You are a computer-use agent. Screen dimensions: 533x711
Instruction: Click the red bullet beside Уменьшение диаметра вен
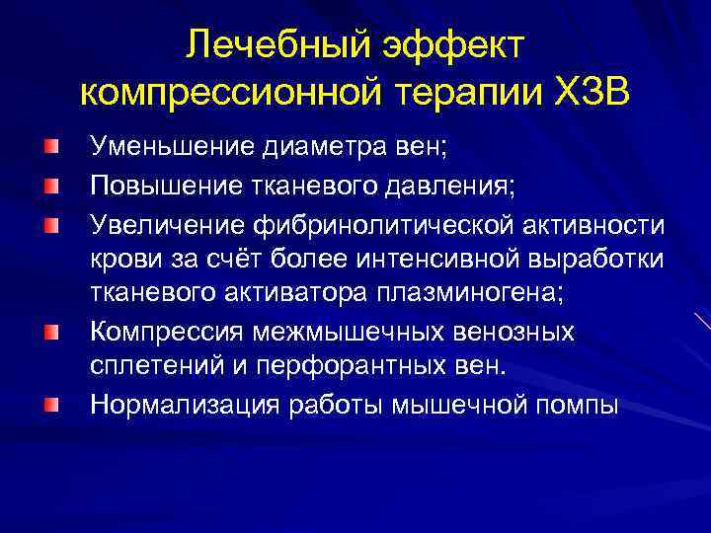point(49,149)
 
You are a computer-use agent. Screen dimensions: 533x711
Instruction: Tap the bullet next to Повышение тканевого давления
point(49,186)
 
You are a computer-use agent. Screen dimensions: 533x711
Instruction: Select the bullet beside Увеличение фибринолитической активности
point(49,222)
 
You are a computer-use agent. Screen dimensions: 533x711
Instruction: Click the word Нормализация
point(177,405)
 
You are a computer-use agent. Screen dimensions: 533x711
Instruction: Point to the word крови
point(120,259)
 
